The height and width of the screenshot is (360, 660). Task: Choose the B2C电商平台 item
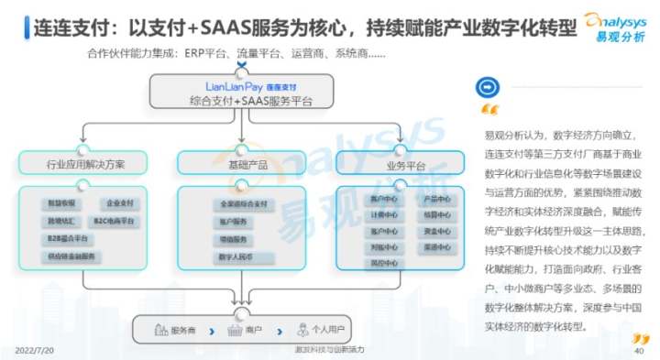pos(115,221)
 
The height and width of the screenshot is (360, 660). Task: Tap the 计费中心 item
pos(379,215)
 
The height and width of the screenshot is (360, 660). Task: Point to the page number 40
pos(641,349)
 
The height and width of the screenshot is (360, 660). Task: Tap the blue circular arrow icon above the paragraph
pos(489,89)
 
